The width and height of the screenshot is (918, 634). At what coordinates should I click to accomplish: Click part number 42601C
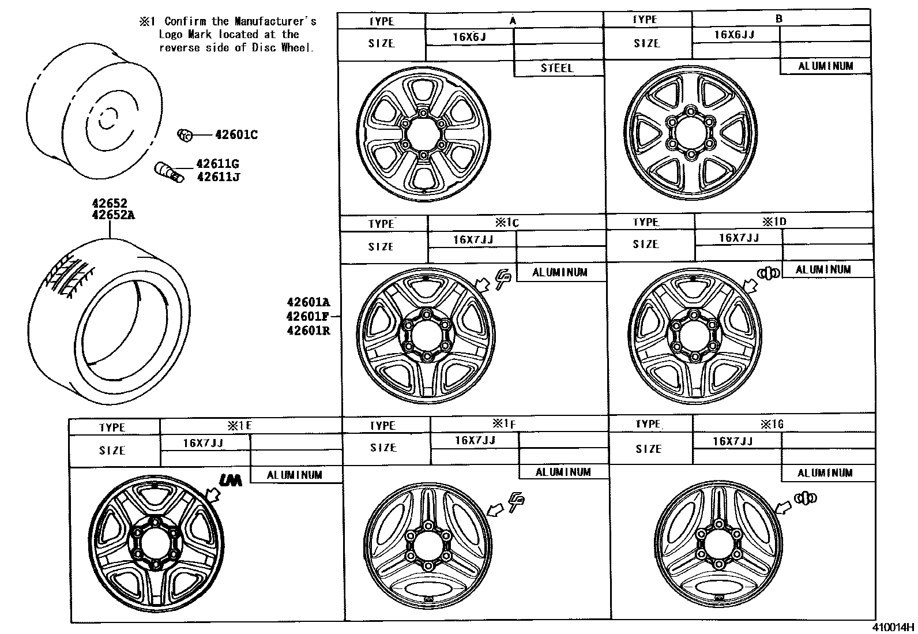pyautogui.click(x=236, y=135)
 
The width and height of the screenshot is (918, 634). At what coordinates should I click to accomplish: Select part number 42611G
pyautogui.click(x=217, y=164)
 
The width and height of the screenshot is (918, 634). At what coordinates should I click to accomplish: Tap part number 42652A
pyautogui.click(x=114, y=215)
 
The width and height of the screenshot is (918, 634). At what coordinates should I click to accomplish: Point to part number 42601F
pyautogui.click(x=308, y=316)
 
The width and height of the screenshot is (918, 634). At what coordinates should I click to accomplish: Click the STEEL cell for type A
pyautogui.click(x=557, y=68)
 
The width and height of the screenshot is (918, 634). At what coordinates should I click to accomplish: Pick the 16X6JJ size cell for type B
pyautogui.click(x=735, y=35)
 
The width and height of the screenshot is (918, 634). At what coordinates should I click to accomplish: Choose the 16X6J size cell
pyautogui.click(x=469, y=37)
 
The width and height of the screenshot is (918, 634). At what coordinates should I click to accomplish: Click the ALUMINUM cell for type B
pyautogui.click(x=825, y=66)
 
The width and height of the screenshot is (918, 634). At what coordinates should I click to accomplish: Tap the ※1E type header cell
pyautogui.click(x=239, y=426)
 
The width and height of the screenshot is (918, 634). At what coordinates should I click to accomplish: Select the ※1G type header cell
pyautogui.click(x=772, y=425)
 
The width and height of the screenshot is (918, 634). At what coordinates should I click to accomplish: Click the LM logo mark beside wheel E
pyautogui.click(x=232, y=478)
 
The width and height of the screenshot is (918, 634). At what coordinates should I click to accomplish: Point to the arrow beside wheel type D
pyautogui.click(x=750, y=285)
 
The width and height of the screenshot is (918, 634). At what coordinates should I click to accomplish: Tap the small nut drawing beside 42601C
pyautogui.click(x=185, y=136)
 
